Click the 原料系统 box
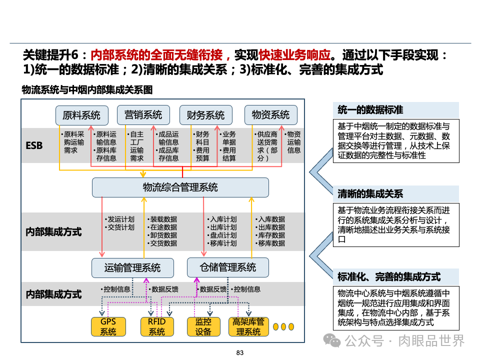point(81,115)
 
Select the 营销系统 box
point(143,115)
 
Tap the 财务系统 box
point(205,115)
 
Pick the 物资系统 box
point(270,115)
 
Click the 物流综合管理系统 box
point(180,187)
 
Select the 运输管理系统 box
point(132,267)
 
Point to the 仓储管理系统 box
point(227,267)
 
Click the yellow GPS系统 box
point(108,326)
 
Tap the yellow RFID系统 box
point(156,326)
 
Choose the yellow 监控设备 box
point(203,326)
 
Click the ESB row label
point(34,146)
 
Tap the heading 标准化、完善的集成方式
point(389,276)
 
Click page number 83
point(239,353)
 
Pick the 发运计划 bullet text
point(120,219)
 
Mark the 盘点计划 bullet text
point(223,235)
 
